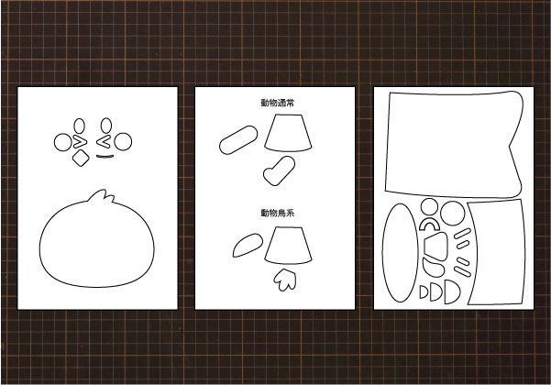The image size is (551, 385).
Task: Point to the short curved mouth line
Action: (x=105, y=157)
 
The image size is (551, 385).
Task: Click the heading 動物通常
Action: (x=278, y=103)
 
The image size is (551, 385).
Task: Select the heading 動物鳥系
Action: (x=278, y=213)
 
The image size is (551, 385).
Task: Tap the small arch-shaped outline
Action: (x=429, y=221)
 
